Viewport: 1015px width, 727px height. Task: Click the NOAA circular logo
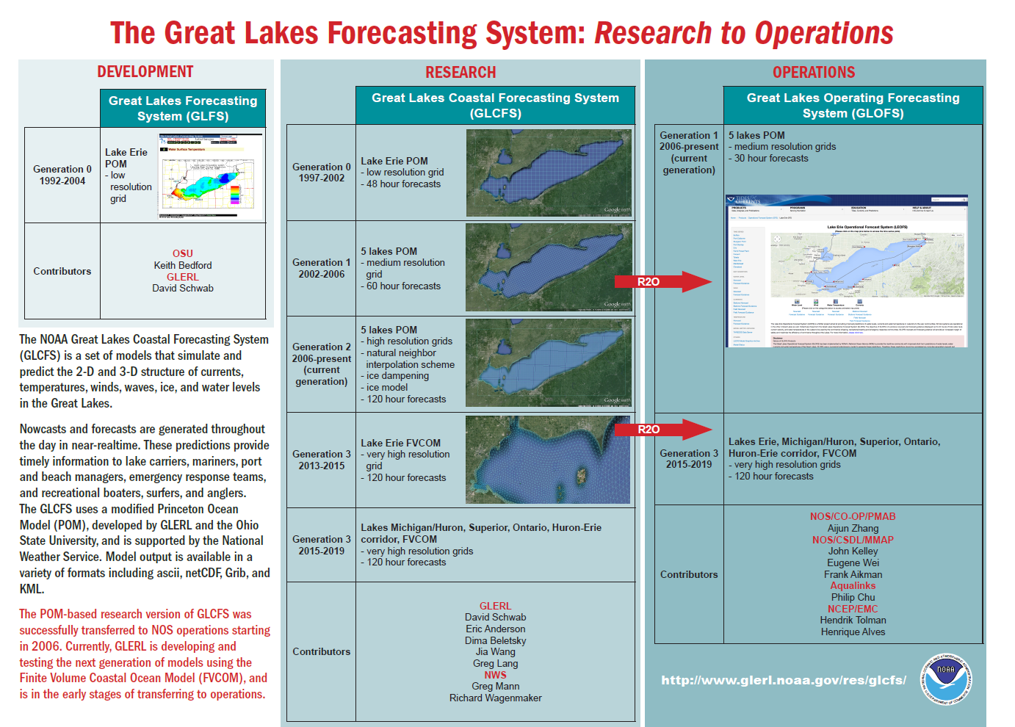(x=947, y=679)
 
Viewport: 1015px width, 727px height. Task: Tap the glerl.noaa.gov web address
(x=784, y=680)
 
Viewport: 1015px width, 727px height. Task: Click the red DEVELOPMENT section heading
(x=145, y=72)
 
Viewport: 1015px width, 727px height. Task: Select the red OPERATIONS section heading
(x=814, y=73)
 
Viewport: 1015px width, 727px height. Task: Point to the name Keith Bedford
(x=183, y=265)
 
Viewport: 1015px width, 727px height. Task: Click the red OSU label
(x=183, y=253)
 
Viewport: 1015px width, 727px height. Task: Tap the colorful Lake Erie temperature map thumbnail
(x=211, y=176)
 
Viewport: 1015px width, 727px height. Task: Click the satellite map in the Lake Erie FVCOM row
(x=548, y=460)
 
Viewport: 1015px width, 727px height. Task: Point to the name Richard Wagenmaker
(x=496, y=698)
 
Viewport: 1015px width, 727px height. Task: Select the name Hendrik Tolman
(x=853, y=620)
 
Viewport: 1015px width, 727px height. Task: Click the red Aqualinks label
(x=853, y=585)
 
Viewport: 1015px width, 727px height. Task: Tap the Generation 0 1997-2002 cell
(x=322, y=173)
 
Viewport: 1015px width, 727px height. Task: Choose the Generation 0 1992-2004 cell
(x=62, y=175)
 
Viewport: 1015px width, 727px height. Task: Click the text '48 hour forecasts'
(x=403, y=184)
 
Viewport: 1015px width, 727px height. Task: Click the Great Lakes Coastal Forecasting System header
(x=495, y=105)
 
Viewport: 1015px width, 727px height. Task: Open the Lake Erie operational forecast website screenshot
(x=846, y=271)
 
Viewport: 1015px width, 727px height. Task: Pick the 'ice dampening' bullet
(x=397, y=376)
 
